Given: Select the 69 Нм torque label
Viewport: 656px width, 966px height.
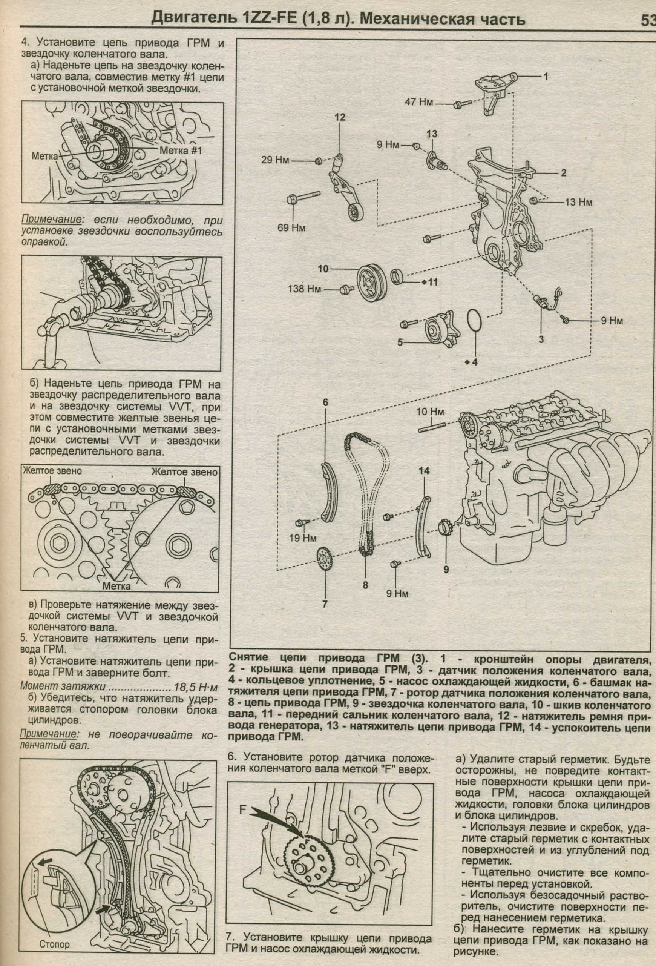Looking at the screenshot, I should (292, 228).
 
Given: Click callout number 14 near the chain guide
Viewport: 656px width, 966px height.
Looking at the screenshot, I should (424, 471).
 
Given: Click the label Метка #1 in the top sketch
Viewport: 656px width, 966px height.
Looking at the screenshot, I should (180, 151).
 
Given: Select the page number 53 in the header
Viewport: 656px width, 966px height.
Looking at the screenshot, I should (647, 20).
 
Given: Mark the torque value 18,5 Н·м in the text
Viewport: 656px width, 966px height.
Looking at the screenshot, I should (195, 686).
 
